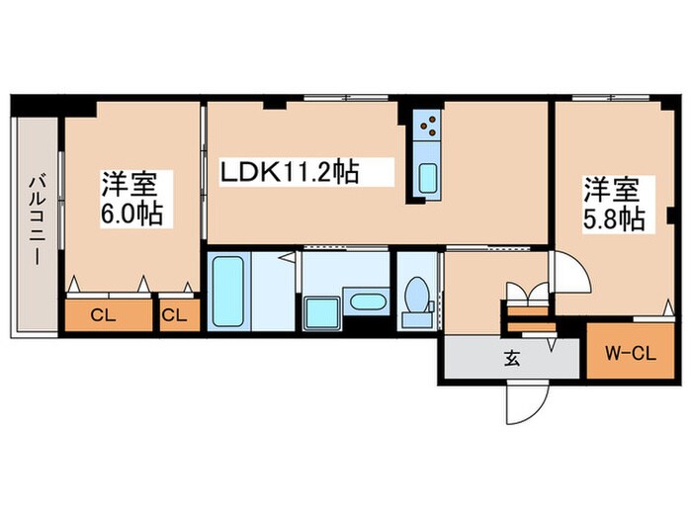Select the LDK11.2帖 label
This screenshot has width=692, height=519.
(x=288, y=173)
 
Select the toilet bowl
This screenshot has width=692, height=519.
(x=416, y=295)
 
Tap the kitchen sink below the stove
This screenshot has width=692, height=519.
(x=428, y=178)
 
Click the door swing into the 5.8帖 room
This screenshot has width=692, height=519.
(x=568, y=272)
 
